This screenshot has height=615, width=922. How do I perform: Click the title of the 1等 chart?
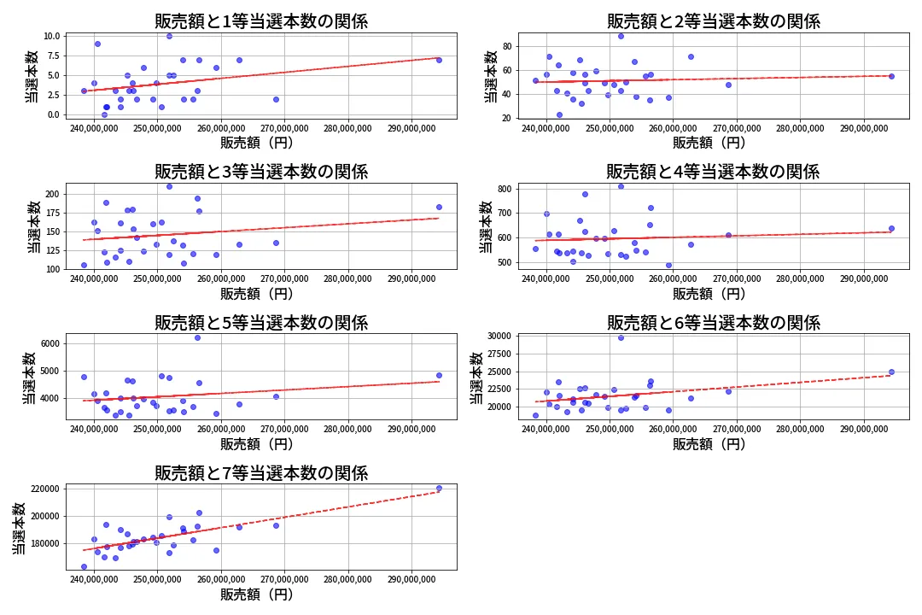261,21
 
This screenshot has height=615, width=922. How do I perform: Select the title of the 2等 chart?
713,21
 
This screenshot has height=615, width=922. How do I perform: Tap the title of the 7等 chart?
261,473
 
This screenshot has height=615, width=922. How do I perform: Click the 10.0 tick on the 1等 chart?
50,36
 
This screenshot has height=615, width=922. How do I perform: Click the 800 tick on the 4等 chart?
505,189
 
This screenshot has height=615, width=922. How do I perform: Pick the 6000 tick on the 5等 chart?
49,344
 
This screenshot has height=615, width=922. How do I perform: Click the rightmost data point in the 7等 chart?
439,489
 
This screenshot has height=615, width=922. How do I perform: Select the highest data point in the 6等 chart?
621,337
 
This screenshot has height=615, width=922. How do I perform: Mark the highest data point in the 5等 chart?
197,337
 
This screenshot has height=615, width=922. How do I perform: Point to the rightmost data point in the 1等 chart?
439,60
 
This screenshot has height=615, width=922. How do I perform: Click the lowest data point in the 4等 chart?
668,265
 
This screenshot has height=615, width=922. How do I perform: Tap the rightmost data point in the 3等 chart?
439,207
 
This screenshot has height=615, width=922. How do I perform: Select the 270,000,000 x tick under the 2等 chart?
737,129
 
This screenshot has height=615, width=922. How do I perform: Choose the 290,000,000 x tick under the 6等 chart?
864,430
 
